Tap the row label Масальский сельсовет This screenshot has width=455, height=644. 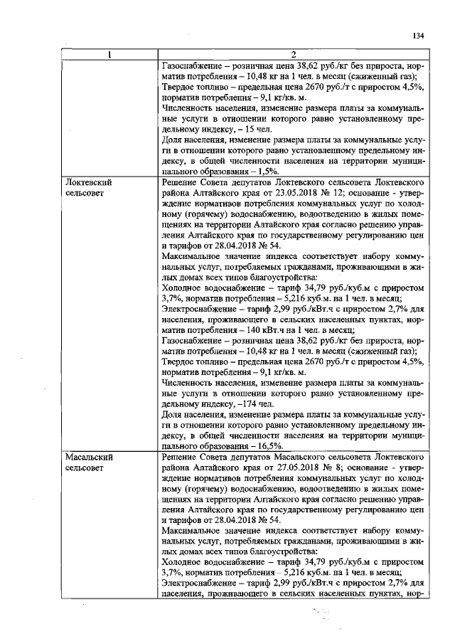[89, 461]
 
